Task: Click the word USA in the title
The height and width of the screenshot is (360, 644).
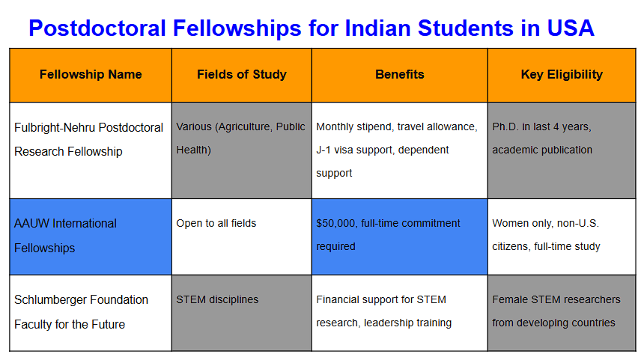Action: click(571, 28)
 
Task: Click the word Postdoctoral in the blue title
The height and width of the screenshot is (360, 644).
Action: click(97, 28)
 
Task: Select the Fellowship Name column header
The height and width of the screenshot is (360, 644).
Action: click(91, 74)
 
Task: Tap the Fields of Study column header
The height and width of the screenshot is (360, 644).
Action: click(241, 74)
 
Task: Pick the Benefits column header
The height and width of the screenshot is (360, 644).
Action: click(400, 74)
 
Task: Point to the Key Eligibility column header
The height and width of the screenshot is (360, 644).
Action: click(562, 74)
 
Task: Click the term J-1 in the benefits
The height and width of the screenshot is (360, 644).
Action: click(323, 150)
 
